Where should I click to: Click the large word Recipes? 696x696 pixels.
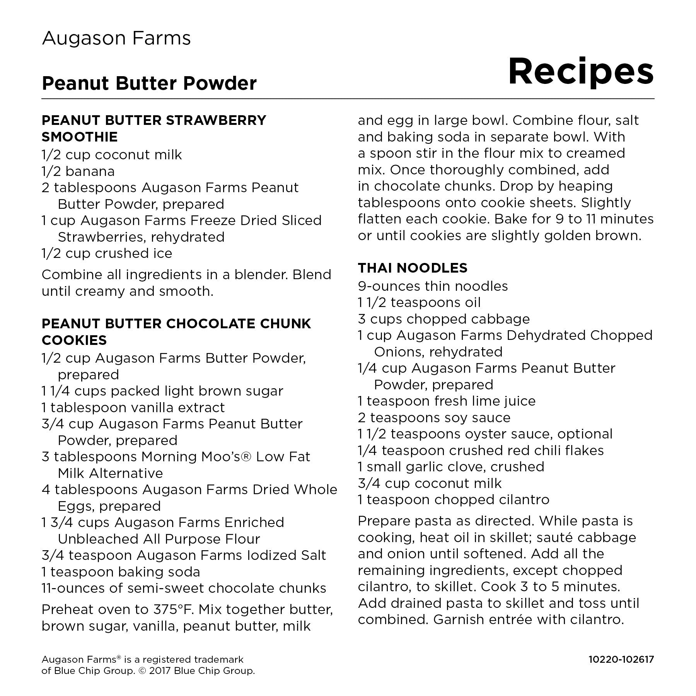[x=580, y=72]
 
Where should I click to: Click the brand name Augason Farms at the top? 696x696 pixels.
[x=116, y=38]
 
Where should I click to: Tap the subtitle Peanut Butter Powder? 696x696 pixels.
[x=149, y=83]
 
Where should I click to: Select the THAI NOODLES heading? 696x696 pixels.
[x=412, y=268]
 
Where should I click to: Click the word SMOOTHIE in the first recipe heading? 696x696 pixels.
[x=80, y=137]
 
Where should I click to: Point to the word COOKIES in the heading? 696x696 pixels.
[x=74, y=340]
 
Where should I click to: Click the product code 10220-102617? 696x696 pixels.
[x=621, y=659]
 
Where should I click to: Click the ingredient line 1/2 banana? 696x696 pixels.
[x=78, y=171]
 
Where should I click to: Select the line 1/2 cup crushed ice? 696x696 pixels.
[x=107, y=253]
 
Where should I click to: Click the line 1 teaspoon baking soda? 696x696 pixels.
[x=121, y=571]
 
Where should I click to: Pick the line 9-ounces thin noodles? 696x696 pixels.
[x=433, y=286]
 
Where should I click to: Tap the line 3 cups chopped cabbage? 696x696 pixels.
[x=444, y=319]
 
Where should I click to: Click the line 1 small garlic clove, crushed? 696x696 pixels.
[x=451, y=467]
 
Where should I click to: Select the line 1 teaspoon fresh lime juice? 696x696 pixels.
[x=447, y=401]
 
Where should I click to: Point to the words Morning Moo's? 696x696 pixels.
[x=193, y=457]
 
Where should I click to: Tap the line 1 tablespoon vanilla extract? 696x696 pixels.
[x=133, y=408]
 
